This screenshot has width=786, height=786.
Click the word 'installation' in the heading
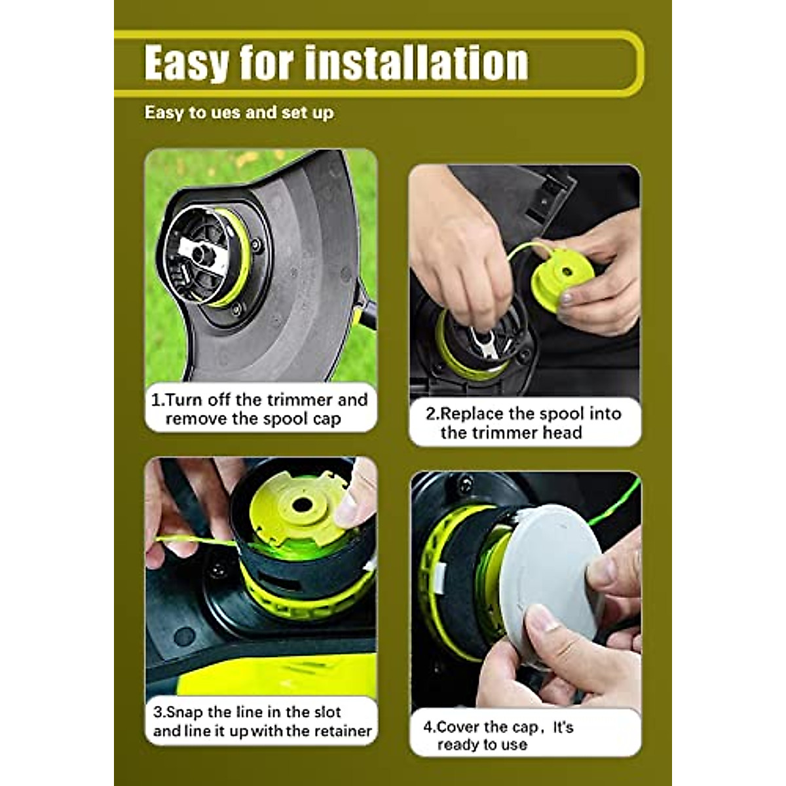coord(415,62)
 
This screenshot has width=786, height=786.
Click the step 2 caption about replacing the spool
coord(523,422)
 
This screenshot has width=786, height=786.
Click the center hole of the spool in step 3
coord(301,505)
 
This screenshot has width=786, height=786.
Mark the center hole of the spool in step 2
coord(562,269)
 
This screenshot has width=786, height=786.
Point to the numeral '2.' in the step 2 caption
coord(432,413)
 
